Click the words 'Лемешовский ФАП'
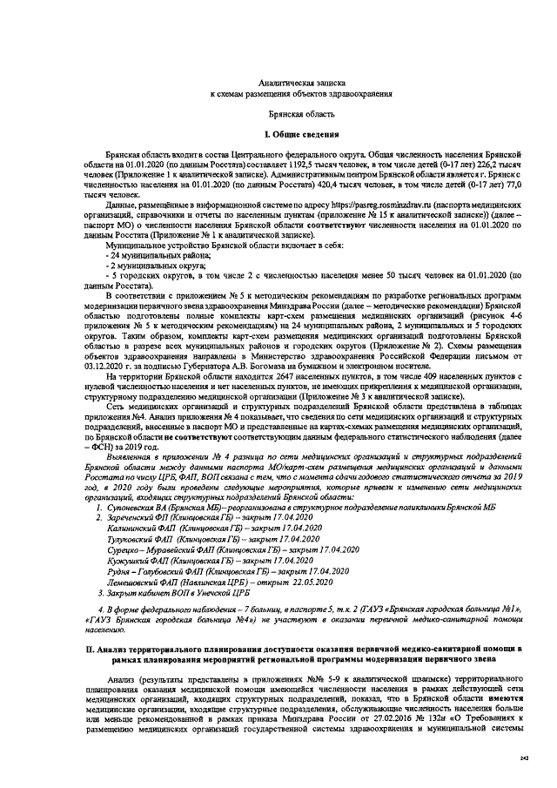[x=142, y=581]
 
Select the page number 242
[x=524, y=758]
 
